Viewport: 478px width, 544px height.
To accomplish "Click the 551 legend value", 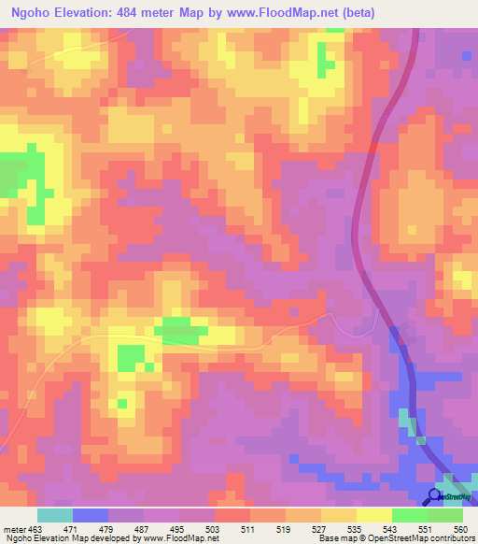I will click(x=411, y=528).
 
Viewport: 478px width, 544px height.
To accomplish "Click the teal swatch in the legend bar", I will click(x=55, y=515).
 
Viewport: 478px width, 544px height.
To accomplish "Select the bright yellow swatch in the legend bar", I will click(x=373, y=515).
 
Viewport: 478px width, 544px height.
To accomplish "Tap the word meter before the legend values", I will click(x=14, y=528).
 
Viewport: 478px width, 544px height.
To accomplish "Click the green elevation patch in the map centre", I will click(x=181, y=329).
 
